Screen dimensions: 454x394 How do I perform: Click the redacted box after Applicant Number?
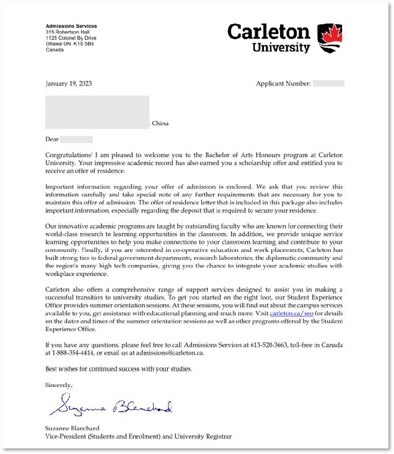[x=328, y=83]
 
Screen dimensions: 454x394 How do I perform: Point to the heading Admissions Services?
[x=71, y=26]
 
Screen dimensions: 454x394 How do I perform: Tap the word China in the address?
[x=160, y=123]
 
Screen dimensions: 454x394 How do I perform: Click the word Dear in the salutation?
[x=52, y=140]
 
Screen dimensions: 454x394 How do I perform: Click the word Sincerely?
[x=59, y=385]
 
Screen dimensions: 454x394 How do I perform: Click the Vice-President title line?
[x=138, y=437]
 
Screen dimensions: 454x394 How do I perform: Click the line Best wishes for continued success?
[x=118, y=369]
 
